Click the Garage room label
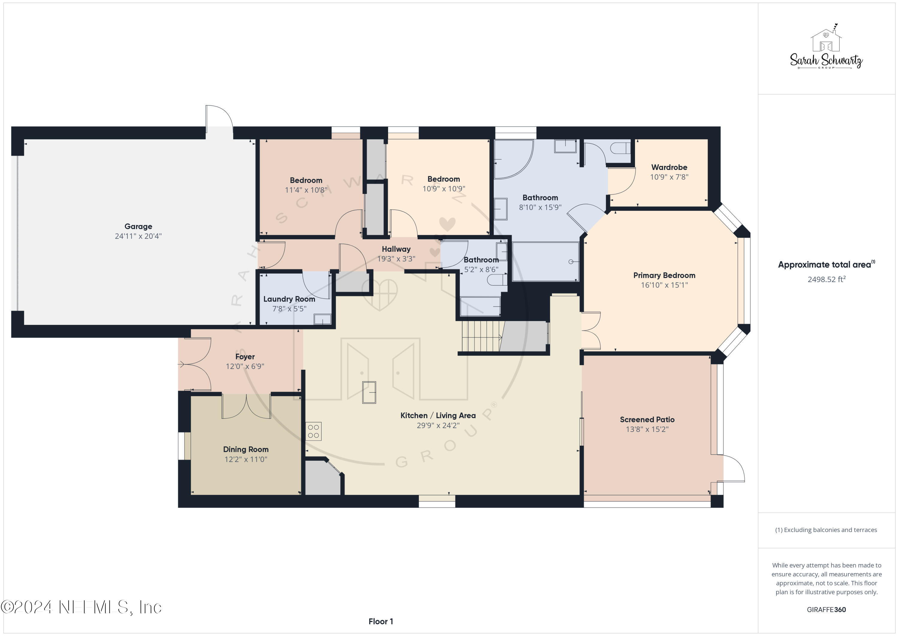138,226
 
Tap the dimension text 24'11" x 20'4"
138,236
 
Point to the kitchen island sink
369,392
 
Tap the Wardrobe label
669,167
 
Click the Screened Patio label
647,419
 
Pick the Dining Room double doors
246,406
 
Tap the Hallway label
396,249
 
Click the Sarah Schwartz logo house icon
826,40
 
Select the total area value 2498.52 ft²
826,279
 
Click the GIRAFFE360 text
826,610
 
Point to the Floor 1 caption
381,622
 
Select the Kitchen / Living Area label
438,415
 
